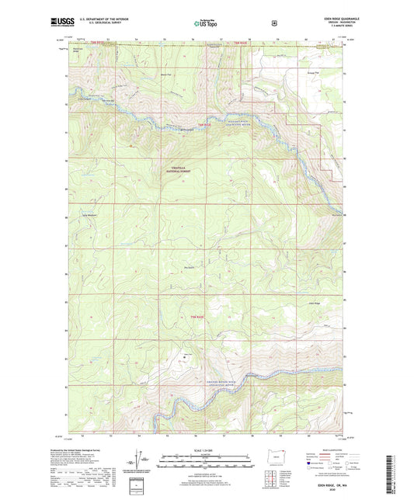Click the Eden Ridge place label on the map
click(314, 303)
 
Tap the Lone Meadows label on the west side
click(91, 215)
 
